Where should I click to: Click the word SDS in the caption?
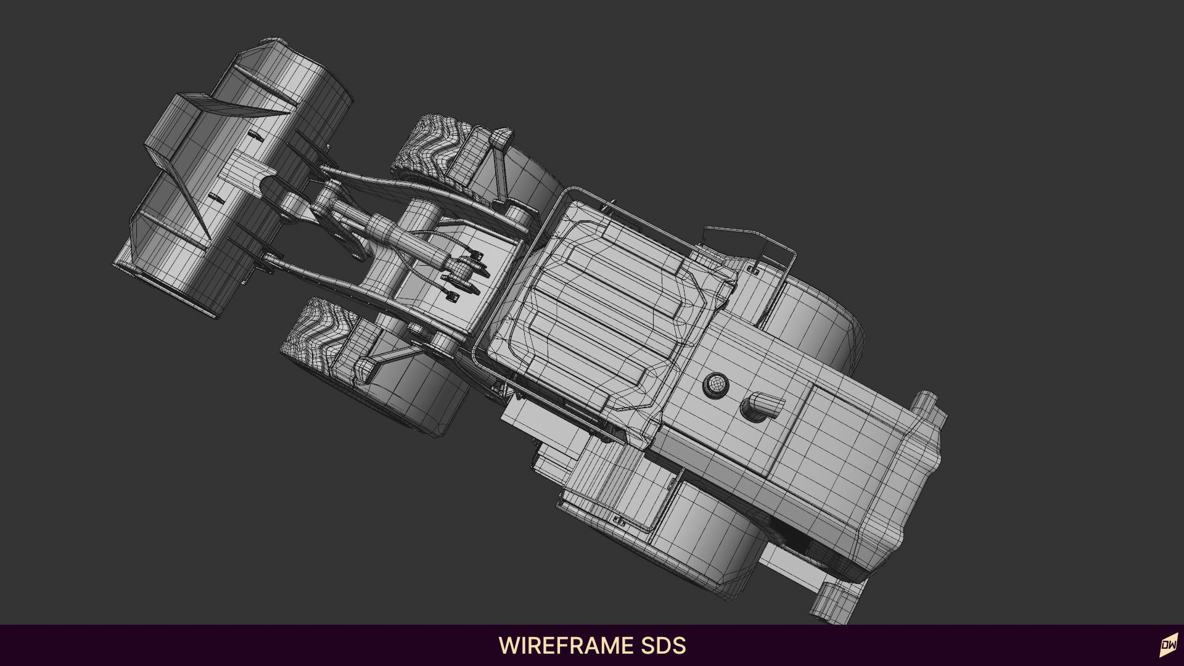tap(662, 646)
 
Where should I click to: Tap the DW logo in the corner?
tap(1168, 646)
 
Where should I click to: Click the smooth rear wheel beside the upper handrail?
tap(814, 321)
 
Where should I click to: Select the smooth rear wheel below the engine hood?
tap(709, 543)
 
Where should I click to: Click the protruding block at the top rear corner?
tap(928, 410)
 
